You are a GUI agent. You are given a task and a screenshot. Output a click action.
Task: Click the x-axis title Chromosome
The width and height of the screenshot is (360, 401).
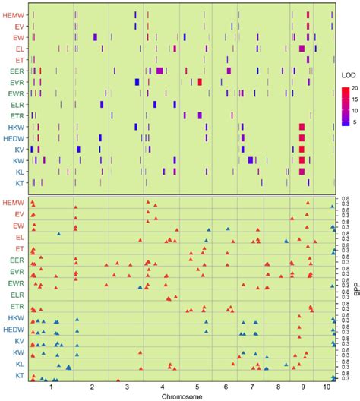point(180,396)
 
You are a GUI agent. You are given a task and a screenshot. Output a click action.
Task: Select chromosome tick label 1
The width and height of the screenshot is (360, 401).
point(50,387)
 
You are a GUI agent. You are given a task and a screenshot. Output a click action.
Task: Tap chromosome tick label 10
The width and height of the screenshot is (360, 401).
point(326,387)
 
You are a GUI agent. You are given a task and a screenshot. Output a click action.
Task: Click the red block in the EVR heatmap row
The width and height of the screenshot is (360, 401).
point(199,82)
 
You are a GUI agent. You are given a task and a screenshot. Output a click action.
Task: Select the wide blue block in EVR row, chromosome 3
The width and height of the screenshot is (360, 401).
point(137,82)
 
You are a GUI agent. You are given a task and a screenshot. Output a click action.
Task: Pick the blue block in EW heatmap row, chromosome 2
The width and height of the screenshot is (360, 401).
point(95,37)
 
